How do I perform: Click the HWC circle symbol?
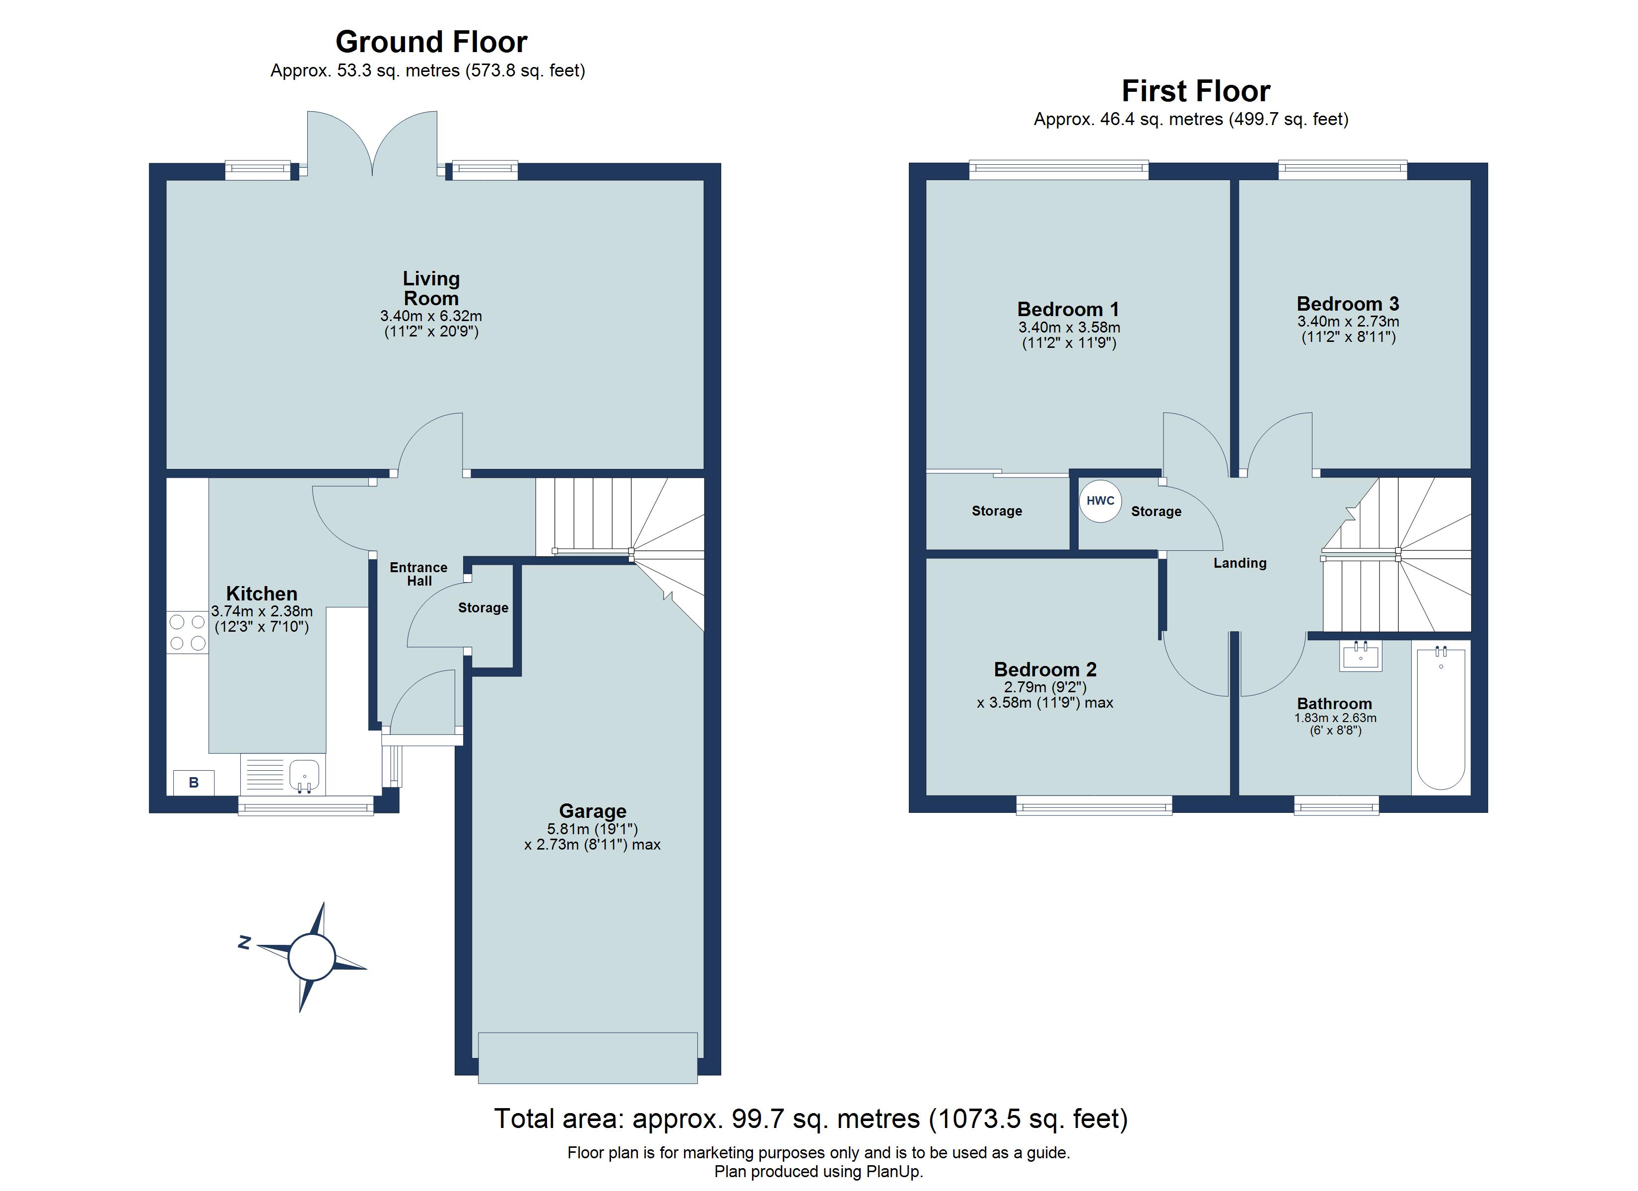tap(1100, 501)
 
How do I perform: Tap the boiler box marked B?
tap(194, 782)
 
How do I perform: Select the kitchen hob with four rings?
tap(188, 632)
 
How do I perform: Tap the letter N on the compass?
tap(245, 942)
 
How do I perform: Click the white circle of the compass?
tap(311, 957)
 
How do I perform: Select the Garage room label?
tap(592, 811)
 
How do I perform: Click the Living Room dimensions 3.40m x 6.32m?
tap(431, 316)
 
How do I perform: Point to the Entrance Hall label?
tap(419, 574)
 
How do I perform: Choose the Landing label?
tap(1240, 563)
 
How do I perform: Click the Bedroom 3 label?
tap(1348, 303)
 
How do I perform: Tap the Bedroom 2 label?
tap(1045, 669)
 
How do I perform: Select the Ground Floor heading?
tap(431, 42)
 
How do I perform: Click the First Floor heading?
tap(1196, 91)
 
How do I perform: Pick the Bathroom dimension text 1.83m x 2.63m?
tap(1335, 718)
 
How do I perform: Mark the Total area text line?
tap(811, 1119)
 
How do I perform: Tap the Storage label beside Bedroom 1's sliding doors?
tap(997, 511)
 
